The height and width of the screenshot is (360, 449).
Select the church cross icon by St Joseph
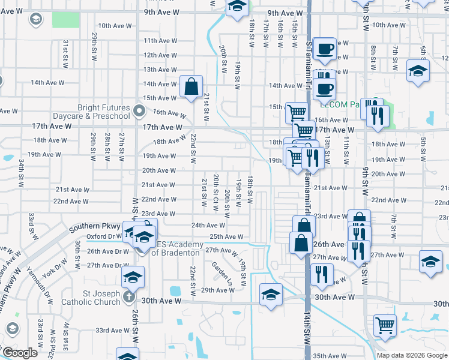click(128, 296)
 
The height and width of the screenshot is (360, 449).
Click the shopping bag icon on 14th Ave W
click(190, 86)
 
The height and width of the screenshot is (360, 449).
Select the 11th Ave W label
click(159, 41)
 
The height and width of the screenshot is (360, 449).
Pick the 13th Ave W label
click(159, 70)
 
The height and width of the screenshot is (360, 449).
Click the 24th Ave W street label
click(208, 226)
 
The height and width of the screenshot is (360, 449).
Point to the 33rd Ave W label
click(110, 330)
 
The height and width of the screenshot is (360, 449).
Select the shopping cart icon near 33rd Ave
click(385, 325)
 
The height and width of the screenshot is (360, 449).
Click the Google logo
click(19, 353)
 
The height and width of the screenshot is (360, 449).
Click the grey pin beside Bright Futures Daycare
click(139, 110)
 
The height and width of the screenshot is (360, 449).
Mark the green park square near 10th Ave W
click(65, 19)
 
